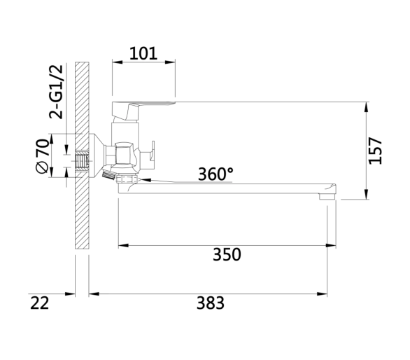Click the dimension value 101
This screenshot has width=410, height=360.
143,53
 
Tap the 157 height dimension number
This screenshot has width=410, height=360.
375,151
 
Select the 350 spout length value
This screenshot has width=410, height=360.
227,254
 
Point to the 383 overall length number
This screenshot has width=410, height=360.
211,303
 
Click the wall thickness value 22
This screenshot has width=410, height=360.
39,303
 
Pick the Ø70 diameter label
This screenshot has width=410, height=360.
43,156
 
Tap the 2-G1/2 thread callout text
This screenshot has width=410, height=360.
56,92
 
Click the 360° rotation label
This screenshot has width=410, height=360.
215,174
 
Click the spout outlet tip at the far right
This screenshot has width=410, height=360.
327,196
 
